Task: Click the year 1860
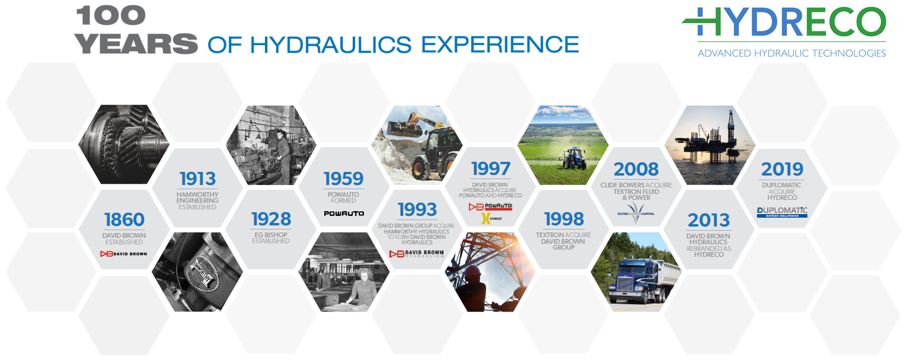(x=124, y=219)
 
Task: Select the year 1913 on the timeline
(x=197, y=179)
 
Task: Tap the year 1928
(x=271, y=219)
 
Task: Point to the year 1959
(x=344, y=179)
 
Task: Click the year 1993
(x=417, y=209)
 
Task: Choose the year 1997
(x=490, y=168)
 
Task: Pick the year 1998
(x=563, y=219)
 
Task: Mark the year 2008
(x=636, y=170)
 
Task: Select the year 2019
(x=782, y=170)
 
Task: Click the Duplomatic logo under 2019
(x=782, y=212)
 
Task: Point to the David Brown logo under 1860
(x=124, y=254)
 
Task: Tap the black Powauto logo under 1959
(x=344, y=213)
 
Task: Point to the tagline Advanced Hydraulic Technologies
(x=791, y=53)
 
